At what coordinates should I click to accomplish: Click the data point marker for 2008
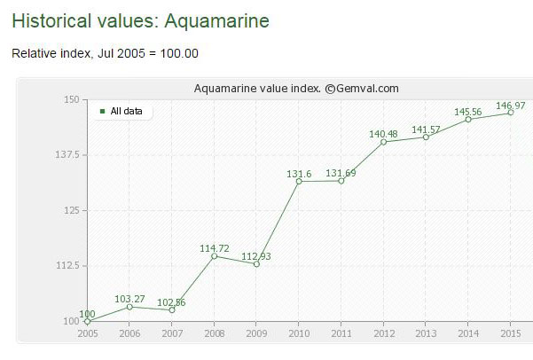tap(214, 256)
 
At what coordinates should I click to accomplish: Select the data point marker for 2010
tap(299, 182)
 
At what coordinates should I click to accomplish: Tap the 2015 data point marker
tap(511, 113)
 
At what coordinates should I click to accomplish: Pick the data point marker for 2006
tap(129, 307)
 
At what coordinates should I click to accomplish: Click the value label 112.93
tap(256, 256)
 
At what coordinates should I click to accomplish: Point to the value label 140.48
tap(383, 134)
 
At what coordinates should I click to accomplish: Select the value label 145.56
tap(468, 112)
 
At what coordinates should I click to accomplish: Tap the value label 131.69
tap(341, 173)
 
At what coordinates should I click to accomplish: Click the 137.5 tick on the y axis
tap(67, 155)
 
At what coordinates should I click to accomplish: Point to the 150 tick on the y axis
tap(71, 99)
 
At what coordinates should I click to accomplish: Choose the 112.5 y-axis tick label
tap(67, 265)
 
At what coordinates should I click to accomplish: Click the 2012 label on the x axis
tap(384, 333)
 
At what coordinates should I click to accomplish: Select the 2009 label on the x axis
tap(256, 333)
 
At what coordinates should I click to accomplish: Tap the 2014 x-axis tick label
tap(468, 333)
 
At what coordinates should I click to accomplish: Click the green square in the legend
tap(102, 111)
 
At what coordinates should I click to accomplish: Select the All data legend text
tap(126, 111)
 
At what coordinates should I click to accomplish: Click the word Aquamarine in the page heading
tap(217, 20)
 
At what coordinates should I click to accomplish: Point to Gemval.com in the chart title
tap(367, 89)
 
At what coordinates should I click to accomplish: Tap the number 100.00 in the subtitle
tap(179, 53)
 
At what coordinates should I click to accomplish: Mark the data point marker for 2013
tap(426, 137)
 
